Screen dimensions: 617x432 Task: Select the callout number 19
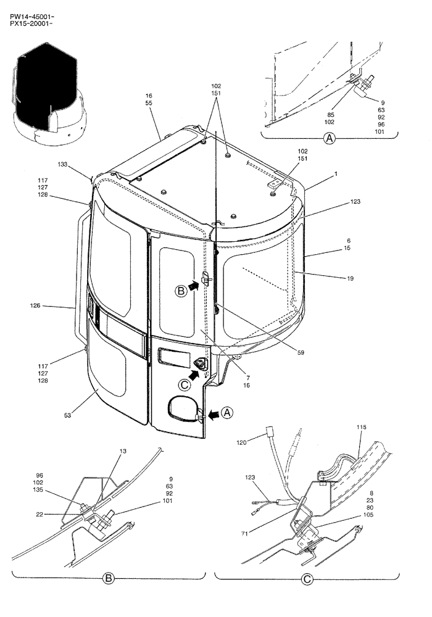coord(350,279)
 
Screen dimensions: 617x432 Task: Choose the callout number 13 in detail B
coord(123,452)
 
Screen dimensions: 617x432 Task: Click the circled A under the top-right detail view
coord(330,139)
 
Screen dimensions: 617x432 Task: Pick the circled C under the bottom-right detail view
coord(307,579)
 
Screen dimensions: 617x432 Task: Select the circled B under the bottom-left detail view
coord(108,579)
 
